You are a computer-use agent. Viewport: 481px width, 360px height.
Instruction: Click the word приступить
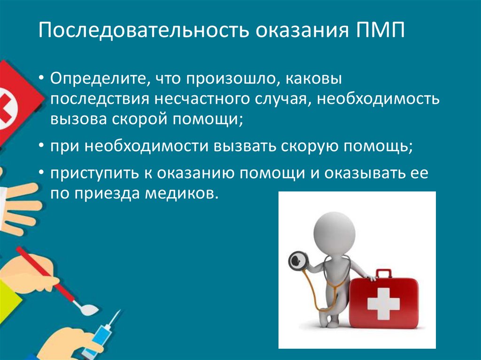pos(94,173)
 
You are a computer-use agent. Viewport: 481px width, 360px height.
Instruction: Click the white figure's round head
pos(333,230)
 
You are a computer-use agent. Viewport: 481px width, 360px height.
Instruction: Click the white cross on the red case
pos(383,303)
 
